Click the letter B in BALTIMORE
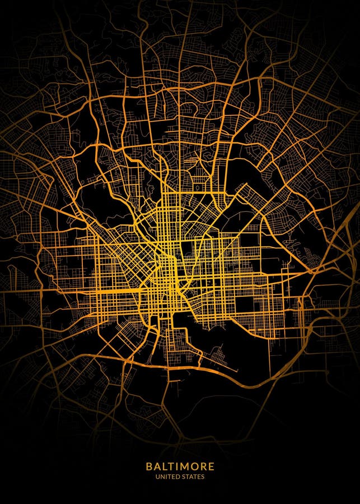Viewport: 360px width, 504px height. [149, 466]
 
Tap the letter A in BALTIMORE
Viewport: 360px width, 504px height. [157, 466]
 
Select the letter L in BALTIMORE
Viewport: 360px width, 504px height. [165, 466]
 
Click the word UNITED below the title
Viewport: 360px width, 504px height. [168, 477]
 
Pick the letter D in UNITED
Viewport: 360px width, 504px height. [177, 477]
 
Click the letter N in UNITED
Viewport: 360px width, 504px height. [162, 477]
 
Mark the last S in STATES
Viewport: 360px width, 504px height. [203, 477]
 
